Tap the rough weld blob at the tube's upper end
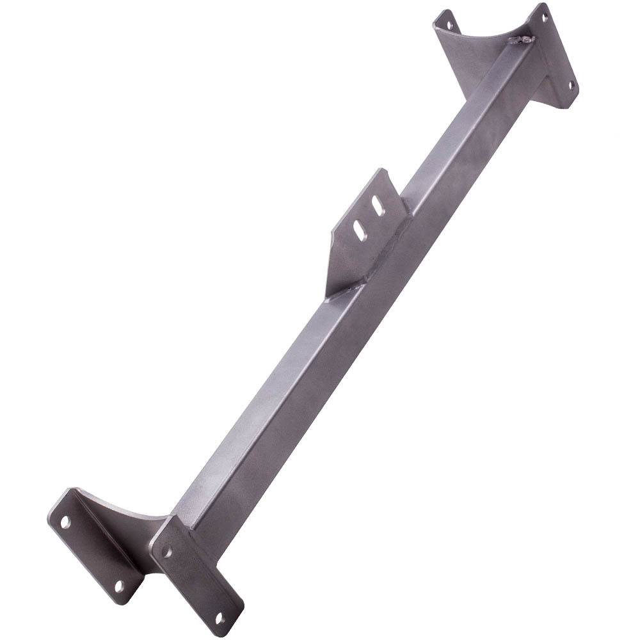click(521, 40)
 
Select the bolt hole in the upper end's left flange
click(449, 26)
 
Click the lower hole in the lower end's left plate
click(119, 584)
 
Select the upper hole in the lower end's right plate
click(167, 550)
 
